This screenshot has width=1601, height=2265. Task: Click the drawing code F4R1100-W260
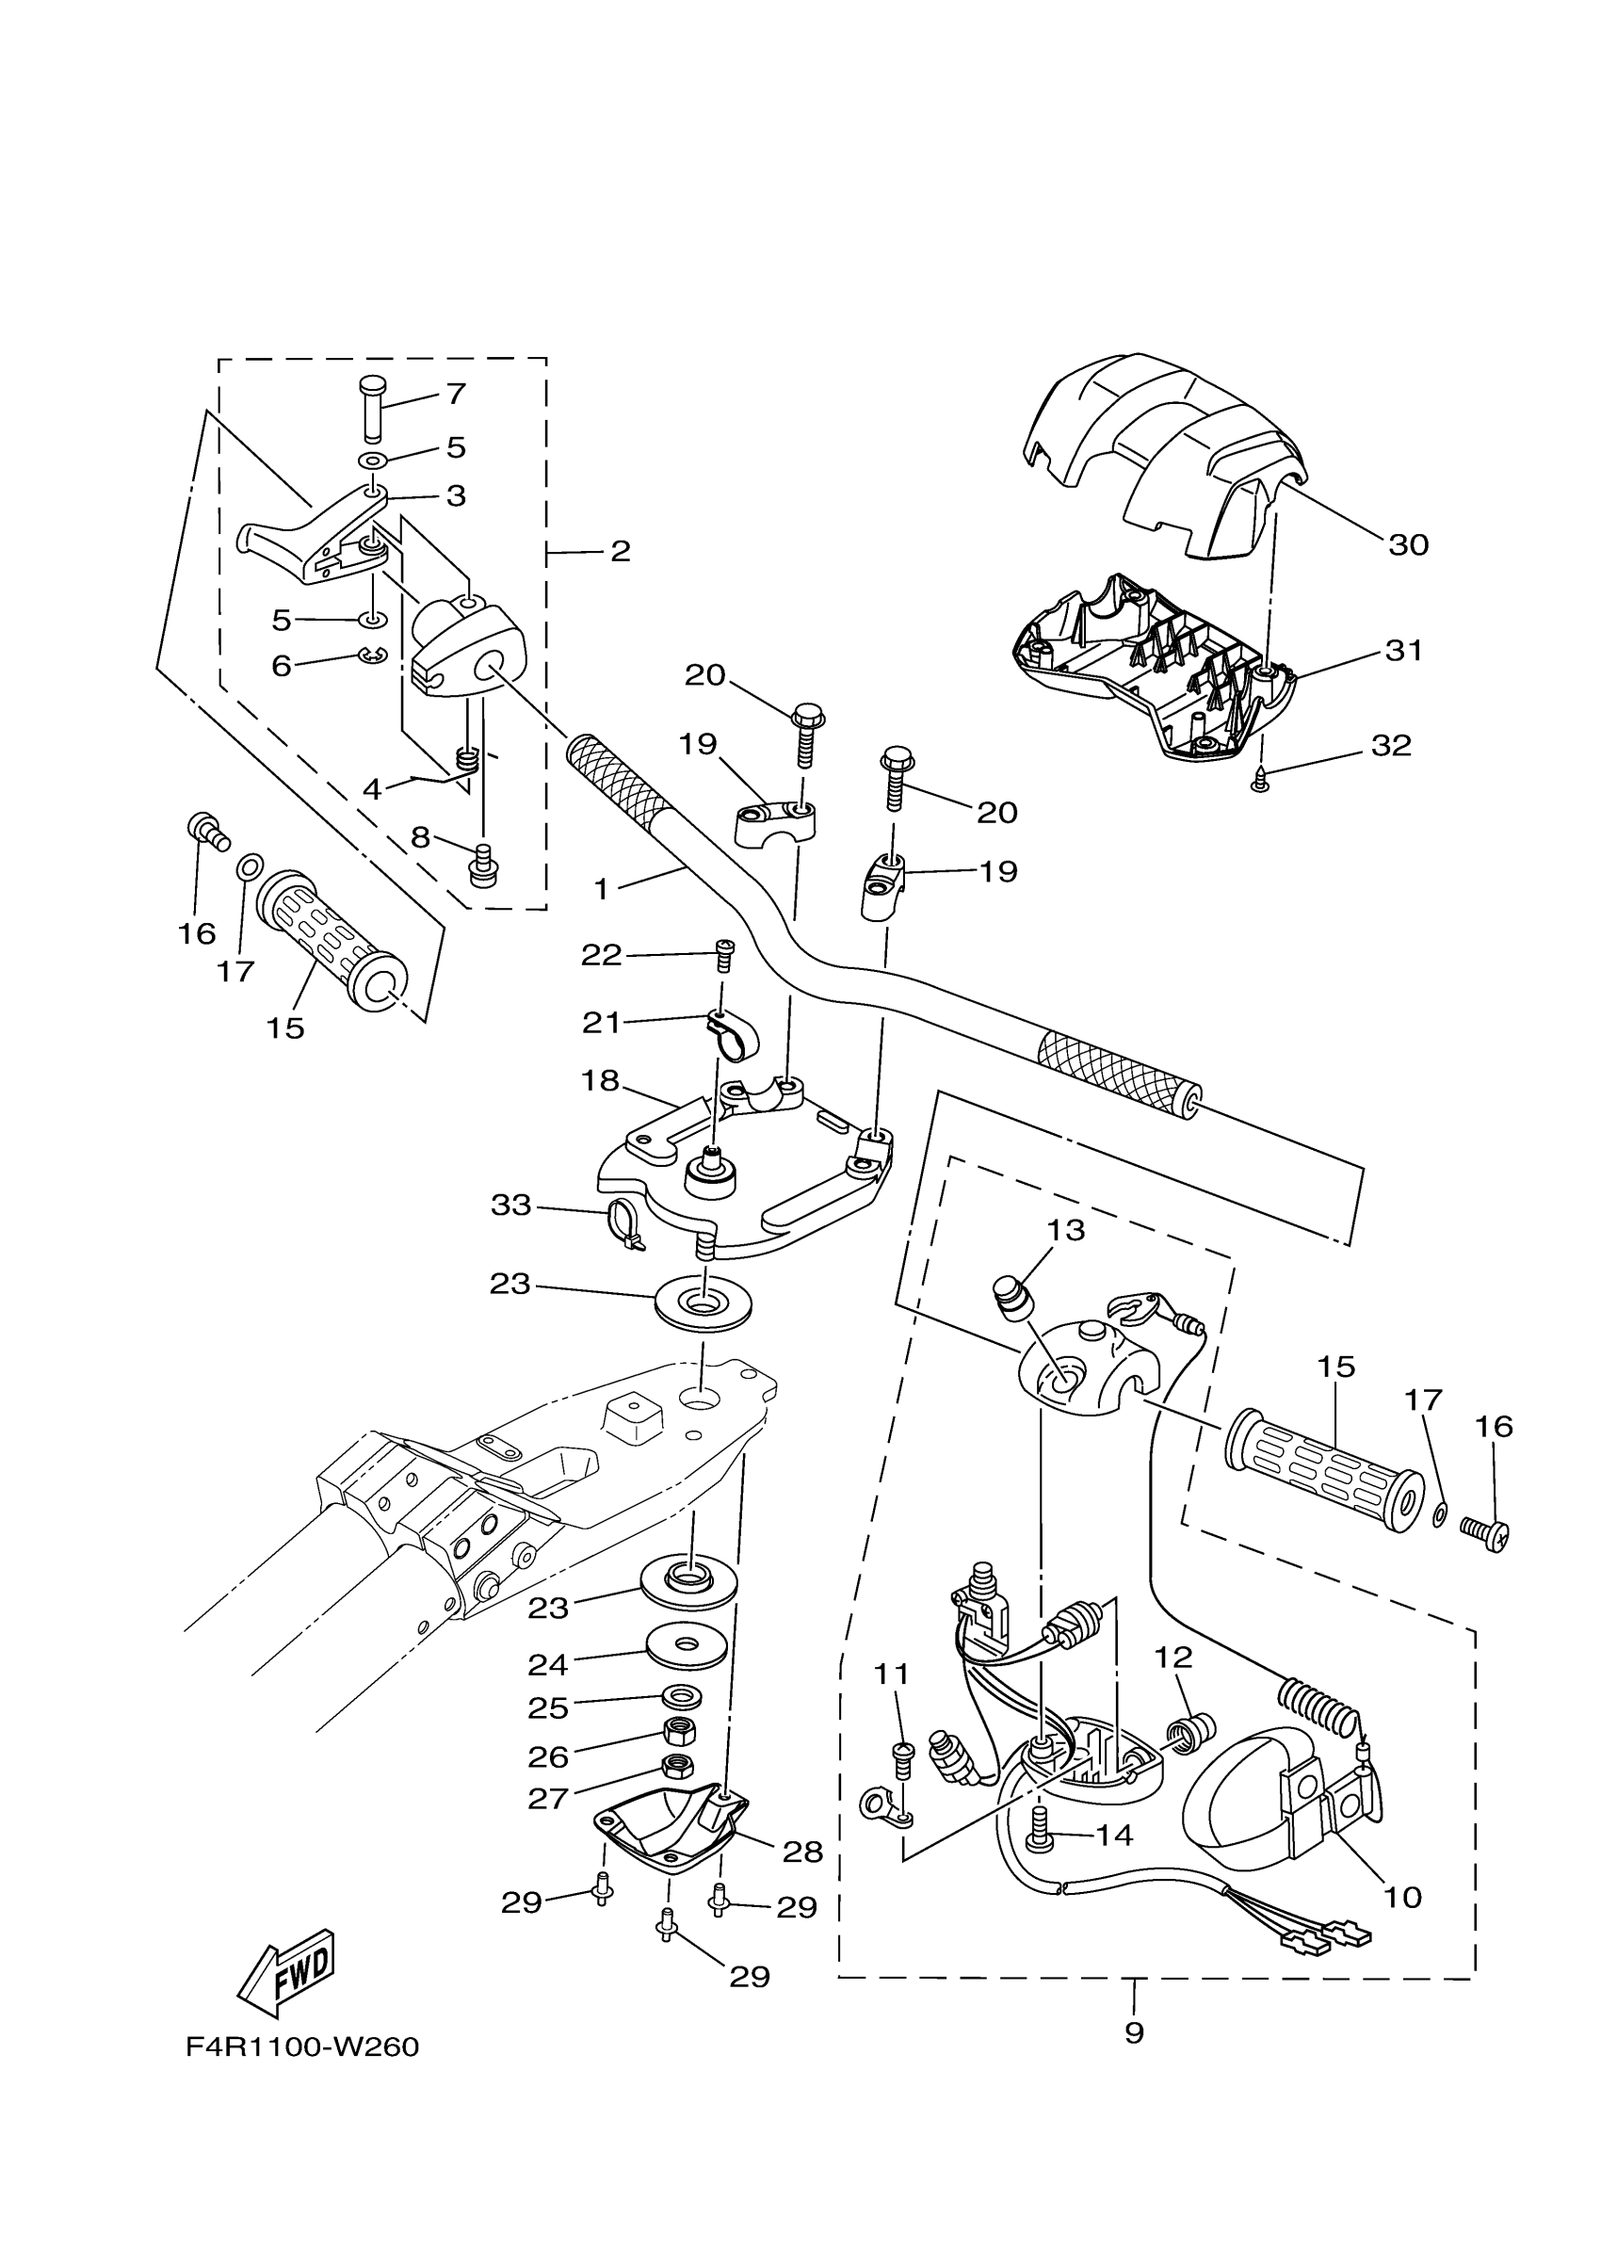click(x=303, y=2047)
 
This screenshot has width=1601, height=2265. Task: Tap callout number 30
click(x=1408, y=544)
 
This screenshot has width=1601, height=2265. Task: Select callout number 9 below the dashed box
click(x=1134, y=2032)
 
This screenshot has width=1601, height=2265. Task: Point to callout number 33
click(x=511, y=1205)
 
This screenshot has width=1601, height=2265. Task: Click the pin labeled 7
click(x=373, y=407)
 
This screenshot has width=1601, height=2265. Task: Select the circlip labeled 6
click(x=373, y=655)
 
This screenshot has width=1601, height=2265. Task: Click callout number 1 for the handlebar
click(x=602, y=889)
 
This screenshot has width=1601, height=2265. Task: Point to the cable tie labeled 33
click(x=623, y=1225)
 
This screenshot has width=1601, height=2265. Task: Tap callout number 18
click(x=600, y=1080)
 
